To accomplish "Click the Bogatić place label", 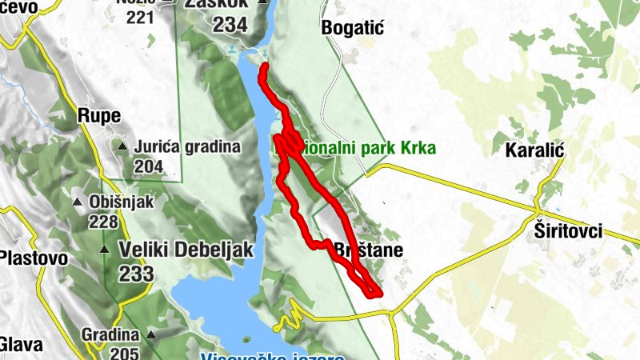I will (x=353, y=28).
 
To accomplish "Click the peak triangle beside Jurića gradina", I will (x=122, y=147).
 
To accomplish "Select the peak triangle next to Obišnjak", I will (x=77, y=202).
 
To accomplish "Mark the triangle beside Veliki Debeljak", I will (x=105, y=250).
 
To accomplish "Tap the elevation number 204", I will (x=149, y=166).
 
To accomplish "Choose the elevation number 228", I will (x=103, y=222).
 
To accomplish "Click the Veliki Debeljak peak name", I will (x=186, y=250).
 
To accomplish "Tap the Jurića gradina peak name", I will (x=187, y=147).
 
